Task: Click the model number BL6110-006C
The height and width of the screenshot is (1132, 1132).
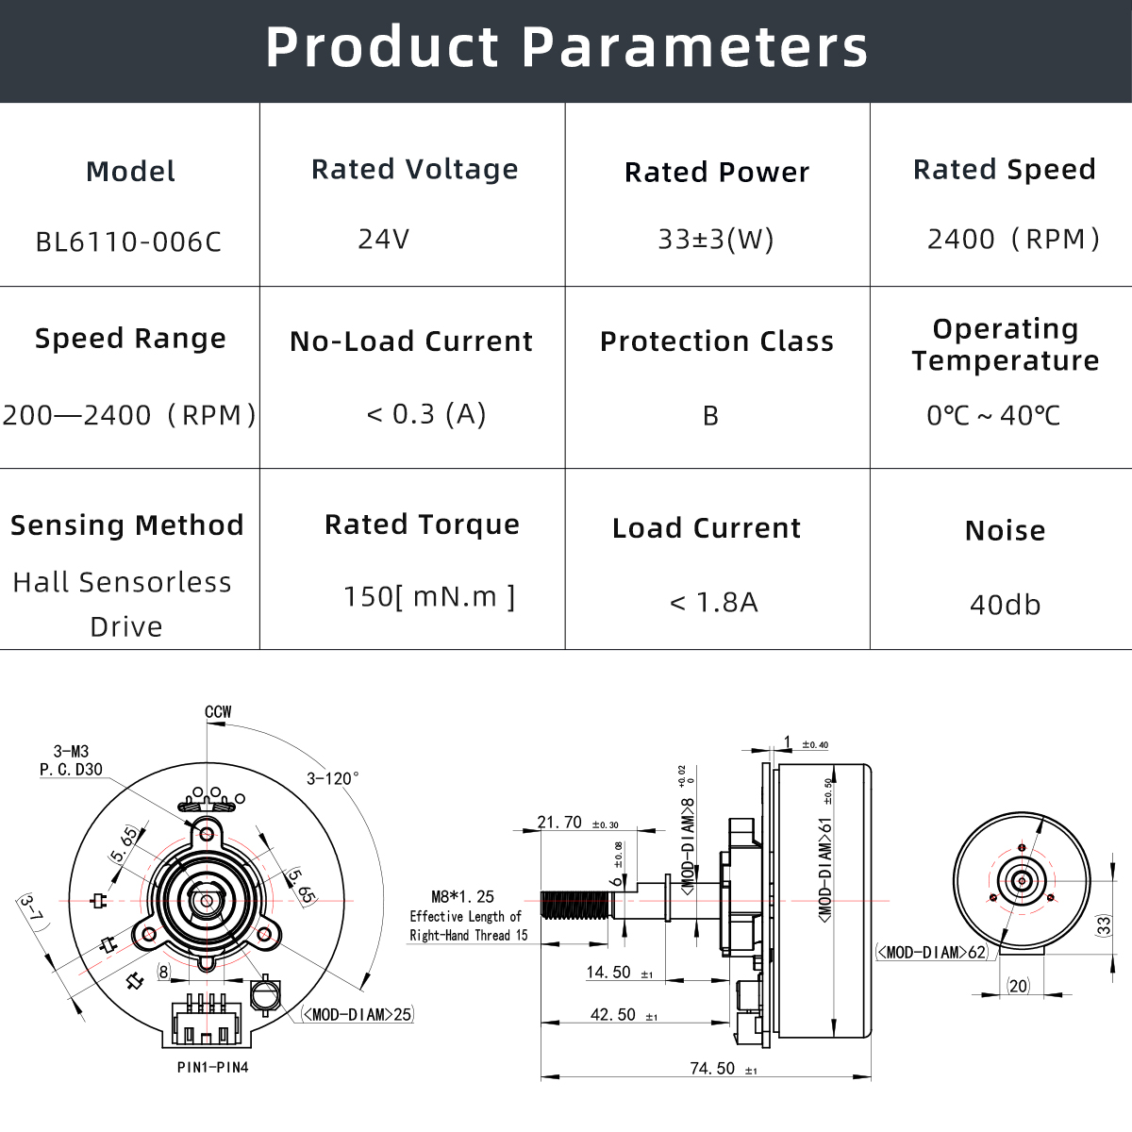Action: point(128,242)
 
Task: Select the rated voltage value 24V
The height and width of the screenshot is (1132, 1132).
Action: point(384,239)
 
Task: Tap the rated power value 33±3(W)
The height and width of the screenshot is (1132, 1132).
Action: point(716,240)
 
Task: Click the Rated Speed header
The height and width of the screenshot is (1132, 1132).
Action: point(1004,170)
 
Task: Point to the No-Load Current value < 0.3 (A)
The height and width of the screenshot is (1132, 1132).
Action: point(426,414)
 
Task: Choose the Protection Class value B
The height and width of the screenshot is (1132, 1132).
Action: point(711,416)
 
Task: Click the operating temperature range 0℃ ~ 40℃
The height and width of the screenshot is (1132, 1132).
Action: point(993,416)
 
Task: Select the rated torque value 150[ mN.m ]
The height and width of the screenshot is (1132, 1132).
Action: point(429,597)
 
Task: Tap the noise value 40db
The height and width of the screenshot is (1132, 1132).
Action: point(1005,605)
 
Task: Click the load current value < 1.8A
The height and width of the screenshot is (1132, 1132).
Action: point(714,603)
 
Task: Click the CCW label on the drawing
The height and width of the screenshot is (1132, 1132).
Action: point(218,712)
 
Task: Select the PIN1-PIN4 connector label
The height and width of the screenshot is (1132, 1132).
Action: point(213,1068)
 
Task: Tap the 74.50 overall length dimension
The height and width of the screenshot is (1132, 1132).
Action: point(712,1068)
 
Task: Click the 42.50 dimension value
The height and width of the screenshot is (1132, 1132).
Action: point(613,1015)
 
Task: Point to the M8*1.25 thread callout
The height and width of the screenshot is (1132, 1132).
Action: point(462,897)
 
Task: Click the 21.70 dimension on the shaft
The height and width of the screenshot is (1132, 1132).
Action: point(560,823)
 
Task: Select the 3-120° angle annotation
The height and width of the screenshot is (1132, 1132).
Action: point(332,779)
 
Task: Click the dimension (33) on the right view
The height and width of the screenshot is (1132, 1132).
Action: point(1104,925)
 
